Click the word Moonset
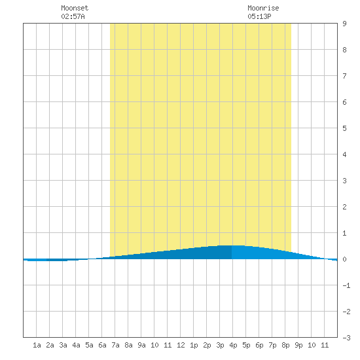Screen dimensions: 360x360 (x=75, y=8)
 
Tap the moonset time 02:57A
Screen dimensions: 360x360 (x=73, y=16)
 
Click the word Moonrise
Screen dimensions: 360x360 (x=263, y=8)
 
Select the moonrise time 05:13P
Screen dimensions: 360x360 (x=259, y=16)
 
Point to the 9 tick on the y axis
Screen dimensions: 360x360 (x=344, y=24)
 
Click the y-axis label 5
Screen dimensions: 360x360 (x=344, y=128)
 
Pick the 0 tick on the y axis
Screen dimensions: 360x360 (x=344, y=259)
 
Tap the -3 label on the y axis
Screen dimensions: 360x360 (x=346, y=338)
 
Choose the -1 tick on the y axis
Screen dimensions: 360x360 (x=346, y=285)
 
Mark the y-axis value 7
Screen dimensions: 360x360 (x=344, y=76)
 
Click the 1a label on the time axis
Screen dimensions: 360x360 (x=37, y=345)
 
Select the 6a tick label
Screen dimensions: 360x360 (x=102, y=345)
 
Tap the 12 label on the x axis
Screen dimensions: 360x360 (x=181, y=345)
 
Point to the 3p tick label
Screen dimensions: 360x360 (x=220, y=346)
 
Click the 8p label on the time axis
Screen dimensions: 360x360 (x=285, y=346)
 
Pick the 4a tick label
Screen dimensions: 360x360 (x=76, y=345)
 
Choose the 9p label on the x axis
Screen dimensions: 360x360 (x=298, y=346)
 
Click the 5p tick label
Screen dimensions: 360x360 (x=246, y=346)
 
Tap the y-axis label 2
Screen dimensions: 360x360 (x=344, y=207)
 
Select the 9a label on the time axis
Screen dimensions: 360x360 (x=141, y=345)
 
